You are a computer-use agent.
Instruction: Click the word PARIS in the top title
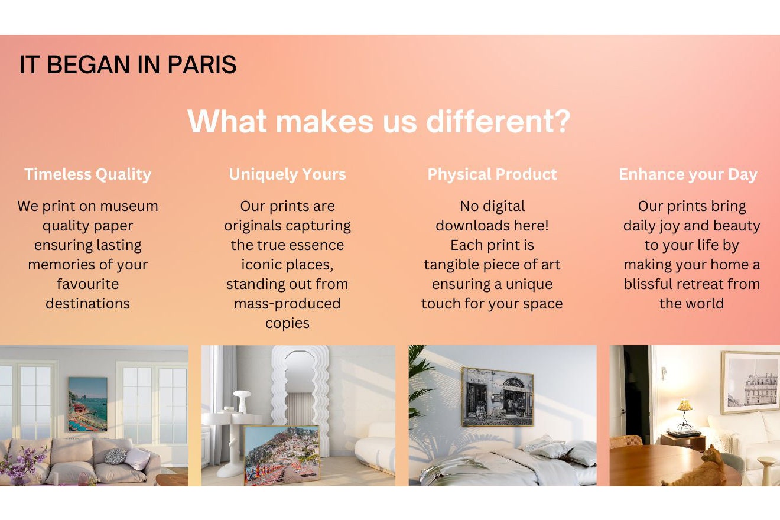(202, 64)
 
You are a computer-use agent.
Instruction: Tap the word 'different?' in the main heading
(498, 121)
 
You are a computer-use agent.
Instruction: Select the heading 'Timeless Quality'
(87, 174)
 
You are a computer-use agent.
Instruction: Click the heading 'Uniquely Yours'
(287, 174)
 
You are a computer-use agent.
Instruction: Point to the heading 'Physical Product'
(492, 174)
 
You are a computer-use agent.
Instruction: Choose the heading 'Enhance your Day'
(688, 174)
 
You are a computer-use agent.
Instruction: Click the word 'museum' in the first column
(129, 206)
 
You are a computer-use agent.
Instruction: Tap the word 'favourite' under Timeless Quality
(87, 284)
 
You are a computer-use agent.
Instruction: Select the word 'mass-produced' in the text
(287, 304)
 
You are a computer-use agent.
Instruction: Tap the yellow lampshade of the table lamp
(685, 405)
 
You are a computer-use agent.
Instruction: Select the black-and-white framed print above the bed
(498, 396)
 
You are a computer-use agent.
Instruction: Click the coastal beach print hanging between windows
(87, 404)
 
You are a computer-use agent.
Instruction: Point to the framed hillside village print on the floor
(282, 455)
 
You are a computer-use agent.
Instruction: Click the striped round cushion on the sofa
(115, 456)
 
